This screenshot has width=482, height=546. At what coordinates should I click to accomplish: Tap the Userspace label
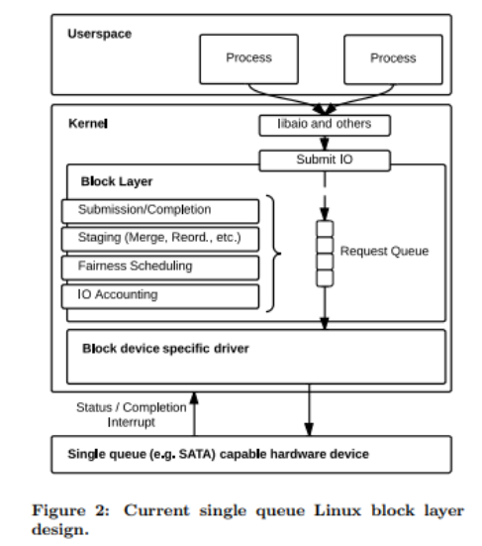coord(99,34)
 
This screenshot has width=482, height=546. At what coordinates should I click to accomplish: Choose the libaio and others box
coord(325,126)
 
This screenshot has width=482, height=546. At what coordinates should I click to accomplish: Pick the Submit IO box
coord(325,160)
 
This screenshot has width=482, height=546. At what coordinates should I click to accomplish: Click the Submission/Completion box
coord(160,210)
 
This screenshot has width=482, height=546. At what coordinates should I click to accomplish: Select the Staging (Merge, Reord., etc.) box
coord(160,238)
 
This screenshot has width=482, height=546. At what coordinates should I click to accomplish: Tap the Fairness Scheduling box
coord(160,267)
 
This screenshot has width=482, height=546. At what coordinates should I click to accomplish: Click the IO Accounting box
coord(160,294)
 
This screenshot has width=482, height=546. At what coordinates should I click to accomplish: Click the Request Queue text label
coord(383,252)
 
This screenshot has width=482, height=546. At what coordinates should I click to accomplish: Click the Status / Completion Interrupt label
coord(129,413)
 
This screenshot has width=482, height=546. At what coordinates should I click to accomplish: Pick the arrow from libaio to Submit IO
coord(325,143)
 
